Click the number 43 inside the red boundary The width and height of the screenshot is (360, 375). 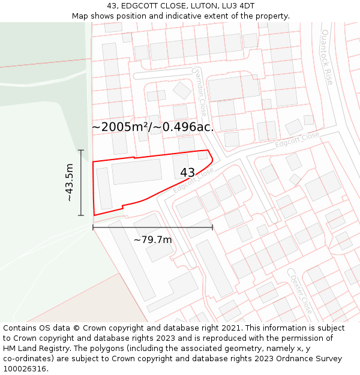point(187,173)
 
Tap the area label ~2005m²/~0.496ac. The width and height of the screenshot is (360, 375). point(152,127)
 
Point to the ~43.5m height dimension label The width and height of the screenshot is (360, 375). point(70,182)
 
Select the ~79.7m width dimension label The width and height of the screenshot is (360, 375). point(152,240)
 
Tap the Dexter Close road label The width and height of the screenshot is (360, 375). point(301,295)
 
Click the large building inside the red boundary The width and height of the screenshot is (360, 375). point(137,172)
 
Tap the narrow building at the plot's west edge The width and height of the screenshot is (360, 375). point(104,188)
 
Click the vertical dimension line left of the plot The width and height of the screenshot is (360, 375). point(81,182)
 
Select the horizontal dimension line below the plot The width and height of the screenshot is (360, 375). point(152,227)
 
